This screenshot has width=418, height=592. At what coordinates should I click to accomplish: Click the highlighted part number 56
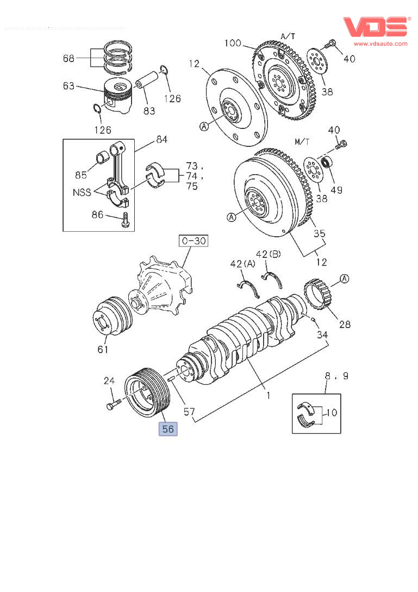point(168,429)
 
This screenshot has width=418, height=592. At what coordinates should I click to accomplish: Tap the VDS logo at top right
point(375,27)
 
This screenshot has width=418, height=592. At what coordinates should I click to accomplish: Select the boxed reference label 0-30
point(194,240)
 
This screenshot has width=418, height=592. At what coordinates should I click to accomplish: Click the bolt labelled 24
point(113,405)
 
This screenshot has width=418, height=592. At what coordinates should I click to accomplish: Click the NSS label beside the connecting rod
point(82,192)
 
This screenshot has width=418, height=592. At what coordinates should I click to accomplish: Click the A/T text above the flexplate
point(288,36)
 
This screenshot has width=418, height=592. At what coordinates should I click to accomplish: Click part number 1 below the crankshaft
point(267,396)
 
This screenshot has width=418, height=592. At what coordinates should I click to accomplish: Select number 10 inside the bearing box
point(331,412)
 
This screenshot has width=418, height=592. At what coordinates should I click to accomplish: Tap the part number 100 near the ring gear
point(233,42)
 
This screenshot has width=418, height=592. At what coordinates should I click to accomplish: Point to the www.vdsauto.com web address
point(380,43)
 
